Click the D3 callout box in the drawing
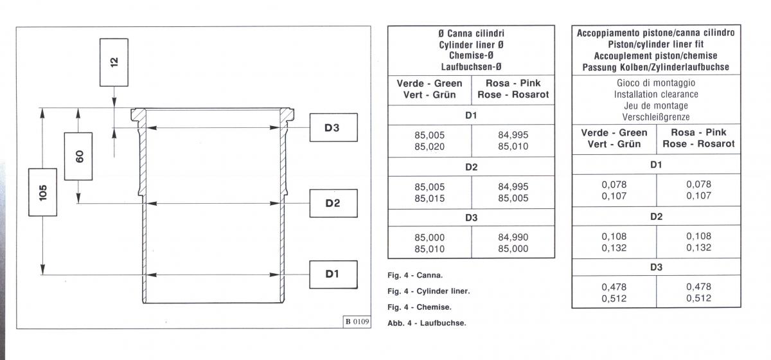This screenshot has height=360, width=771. click(332, 127)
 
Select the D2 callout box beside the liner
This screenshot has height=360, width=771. click(332, 204)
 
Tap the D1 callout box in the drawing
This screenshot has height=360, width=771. click(332, 274)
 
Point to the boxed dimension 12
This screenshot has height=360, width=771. click(114, 62)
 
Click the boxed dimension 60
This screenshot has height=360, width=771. click(79, 156)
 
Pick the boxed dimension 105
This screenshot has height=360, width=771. click(42, 192)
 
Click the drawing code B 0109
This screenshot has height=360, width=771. click(357, 321)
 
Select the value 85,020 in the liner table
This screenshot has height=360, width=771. click(429, 147)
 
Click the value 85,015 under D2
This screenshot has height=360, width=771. click(429, 198)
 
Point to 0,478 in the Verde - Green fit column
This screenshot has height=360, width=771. click(614, 287)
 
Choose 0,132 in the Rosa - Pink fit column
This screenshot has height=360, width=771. click(698, 248)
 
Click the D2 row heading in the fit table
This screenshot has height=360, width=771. click(656, 217)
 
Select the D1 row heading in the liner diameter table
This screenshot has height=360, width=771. click(471, 116)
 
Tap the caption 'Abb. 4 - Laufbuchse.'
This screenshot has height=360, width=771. click(427, 323)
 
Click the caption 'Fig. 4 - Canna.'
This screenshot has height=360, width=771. click(415, 275)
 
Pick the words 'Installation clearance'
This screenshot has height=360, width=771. click(655, 94)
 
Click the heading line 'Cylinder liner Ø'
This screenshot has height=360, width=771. click(471, 45)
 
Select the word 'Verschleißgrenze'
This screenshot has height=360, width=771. click(655, 117)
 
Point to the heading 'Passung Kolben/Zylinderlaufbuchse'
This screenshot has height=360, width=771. click(655, 67)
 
